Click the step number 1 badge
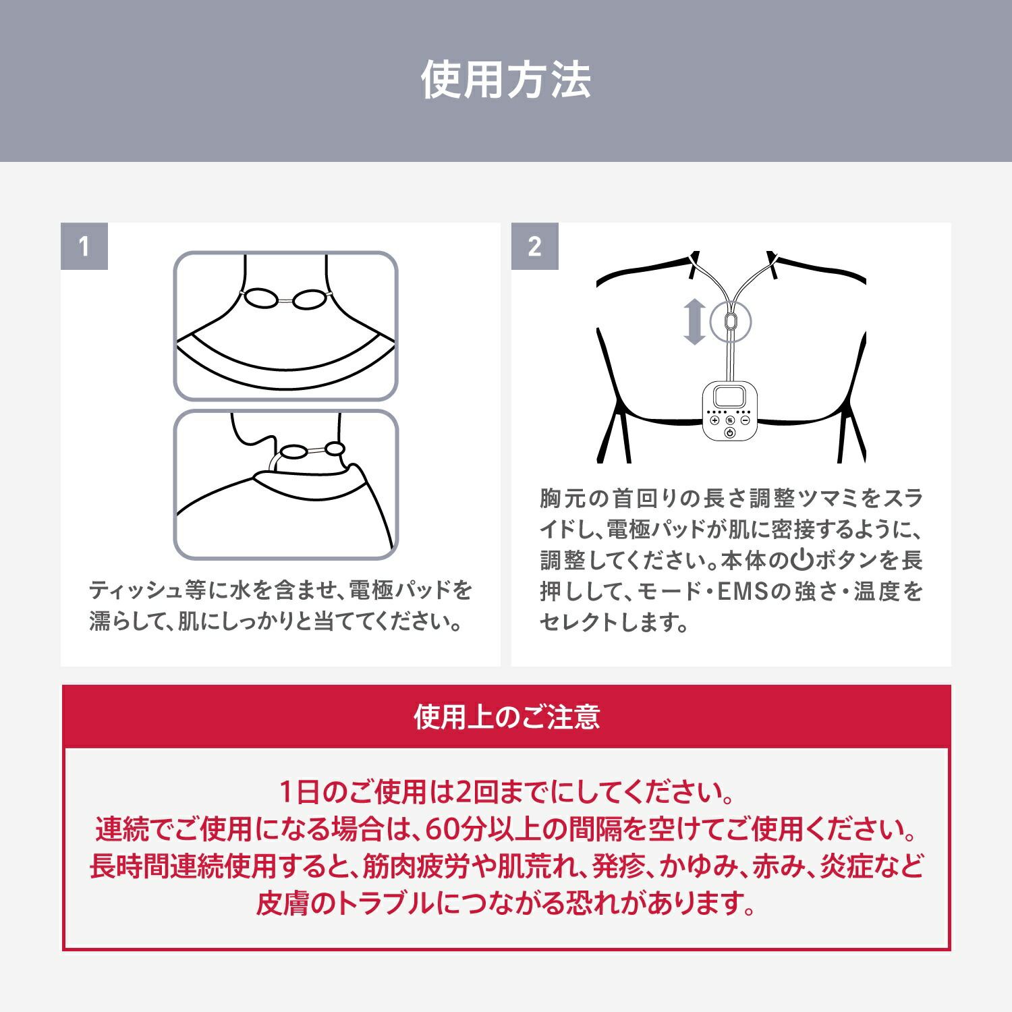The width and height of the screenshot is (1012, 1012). point(84,246)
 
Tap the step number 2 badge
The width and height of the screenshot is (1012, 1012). point(534,246)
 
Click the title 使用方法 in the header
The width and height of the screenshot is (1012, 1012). point(506,80)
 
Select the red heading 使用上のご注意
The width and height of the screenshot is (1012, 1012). point(506,716)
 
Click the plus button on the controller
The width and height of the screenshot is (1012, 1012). point(714,420)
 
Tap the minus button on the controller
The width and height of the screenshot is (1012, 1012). point(745,420)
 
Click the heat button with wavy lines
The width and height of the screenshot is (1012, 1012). point(730,420)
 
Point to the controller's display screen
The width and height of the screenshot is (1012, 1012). point(729,397)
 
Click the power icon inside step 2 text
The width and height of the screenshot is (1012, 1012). point(801,560)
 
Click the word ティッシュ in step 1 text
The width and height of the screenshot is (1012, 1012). point(136,591)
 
